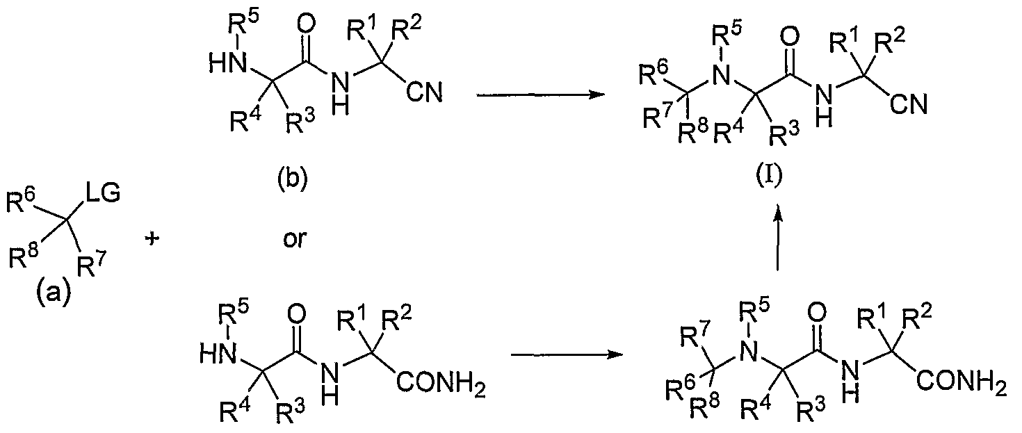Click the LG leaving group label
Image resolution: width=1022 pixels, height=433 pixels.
pos(103,193)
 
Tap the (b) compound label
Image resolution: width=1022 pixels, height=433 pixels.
pos(293,179)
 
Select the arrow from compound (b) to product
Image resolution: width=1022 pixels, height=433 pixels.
pos(540,95)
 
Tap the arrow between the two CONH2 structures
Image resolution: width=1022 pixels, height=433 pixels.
pos(567,354)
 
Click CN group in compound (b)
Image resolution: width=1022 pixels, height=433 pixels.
pos(424,93)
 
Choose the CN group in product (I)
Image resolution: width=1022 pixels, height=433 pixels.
pos(909,104)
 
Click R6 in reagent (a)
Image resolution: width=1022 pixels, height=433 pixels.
pos(22,201)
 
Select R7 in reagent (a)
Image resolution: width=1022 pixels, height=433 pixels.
pos(92,265)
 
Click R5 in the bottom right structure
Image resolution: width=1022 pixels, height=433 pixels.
pos(753,314)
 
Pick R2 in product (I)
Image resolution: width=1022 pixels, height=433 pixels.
pos(889,42)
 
